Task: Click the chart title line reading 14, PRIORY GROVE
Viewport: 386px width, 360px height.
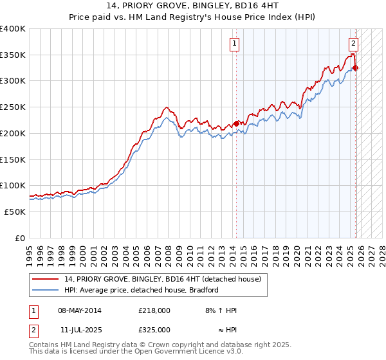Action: click(192, 5)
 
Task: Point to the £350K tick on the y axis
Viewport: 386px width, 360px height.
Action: click(13, 55)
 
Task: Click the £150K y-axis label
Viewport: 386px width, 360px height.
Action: click(13, 159)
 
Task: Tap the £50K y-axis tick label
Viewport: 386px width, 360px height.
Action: click(15, 212)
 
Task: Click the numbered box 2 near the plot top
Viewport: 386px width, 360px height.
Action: click(353, 44)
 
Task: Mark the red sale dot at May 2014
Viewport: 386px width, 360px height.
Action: click(236, 123)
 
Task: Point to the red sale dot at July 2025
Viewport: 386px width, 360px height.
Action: click(356, 68)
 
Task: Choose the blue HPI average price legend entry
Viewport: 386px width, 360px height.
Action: click(142, 290)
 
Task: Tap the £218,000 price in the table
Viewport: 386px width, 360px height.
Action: click(154, 310)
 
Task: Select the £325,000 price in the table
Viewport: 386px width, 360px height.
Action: click(154, 329)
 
